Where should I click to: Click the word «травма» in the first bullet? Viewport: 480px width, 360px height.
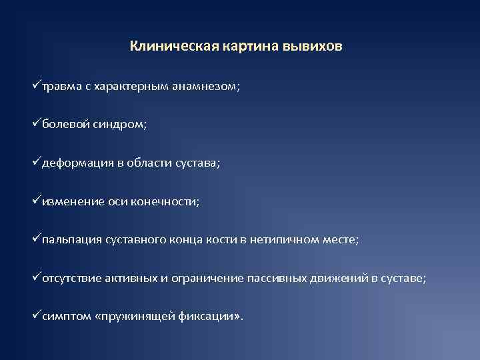pyautogui.click(x=61, y=87)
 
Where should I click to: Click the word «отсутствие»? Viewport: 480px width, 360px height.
pyautogui.click(x=72, y=278)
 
